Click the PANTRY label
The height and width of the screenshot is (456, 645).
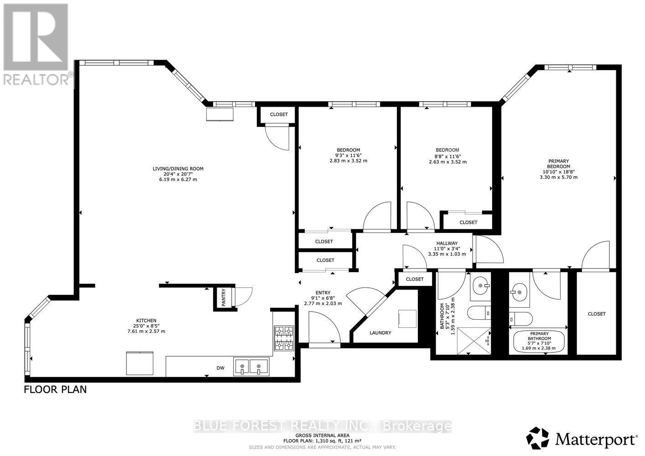coord(224,298)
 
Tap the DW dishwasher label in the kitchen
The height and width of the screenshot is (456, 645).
coord(221,368)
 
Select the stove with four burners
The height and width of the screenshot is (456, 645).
coord(284,338)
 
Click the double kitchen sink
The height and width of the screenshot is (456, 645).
coord(251,367)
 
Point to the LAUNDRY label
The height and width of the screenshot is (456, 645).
coord(380,333)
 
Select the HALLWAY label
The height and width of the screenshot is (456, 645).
coord(447,243)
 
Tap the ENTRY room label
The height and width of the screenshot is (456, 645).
coord(323,293)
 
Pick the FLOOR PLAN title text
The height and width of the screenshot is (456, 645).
coord(55,390)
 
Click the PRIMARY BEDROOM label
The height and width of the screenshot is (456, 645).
coord(558,164)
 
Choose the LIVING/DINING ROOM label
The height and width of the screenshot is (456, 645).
coord(178,169)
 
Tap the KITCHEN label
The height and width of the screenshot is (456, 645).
coord(146,321)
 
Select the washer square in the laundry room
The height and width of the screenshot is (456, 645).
coord(407,319)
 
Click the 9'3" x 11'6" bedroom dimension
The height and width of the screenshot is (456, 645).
coord(349,155)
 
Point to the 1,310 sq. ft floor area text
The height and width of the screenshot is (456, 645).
coord(322,441)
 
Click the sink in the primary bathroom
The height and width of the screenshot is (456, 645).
coord(519,289)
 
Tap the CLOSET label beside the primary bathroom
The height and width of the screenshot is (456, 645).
coord(597,314)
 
